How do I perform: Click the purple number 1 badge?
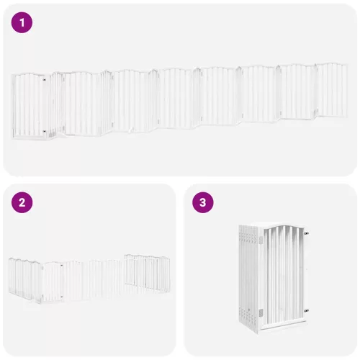pos(22,22)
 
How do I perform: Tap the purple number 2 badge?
pos(22,202)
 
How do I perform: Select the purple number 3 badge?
pos(203,202)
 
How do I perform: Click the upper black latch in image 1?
pos(44,79)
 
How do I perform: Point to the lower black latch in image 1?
pos(44,132)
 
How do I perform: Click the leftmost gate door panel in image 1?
pos(28,106)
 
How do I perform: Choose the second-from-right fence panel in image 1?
pos(297,91)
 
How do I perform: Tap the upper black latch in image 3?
pos(306,233)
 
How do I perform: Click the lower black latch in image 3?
pos(306,311)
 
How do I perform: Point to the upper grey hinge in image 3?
pos(261,240)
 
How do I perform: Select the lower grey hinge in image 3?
pos(261,312)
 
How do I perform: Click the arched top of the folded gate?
pos(283,227)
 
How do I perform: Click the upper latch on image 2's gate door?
pos(61,266)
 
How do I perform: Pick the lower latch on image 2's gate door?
pos(61,297)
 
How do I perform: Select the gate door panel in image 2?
pos(53,282)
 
